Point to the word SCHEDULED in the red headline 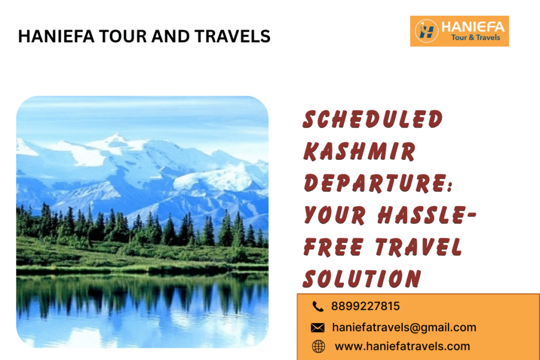point(372,120)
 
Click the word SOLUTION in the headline point(362,278)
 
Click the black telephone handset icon point(317,306)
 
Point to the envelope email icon point(317,328)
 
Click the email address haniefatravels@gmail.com point(404,327)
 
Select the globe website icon point(318,346)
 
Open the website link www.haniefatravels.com point(402,346)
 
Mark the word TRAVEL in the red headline point(416,247)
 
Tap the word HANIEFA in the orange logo point(473,26)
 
